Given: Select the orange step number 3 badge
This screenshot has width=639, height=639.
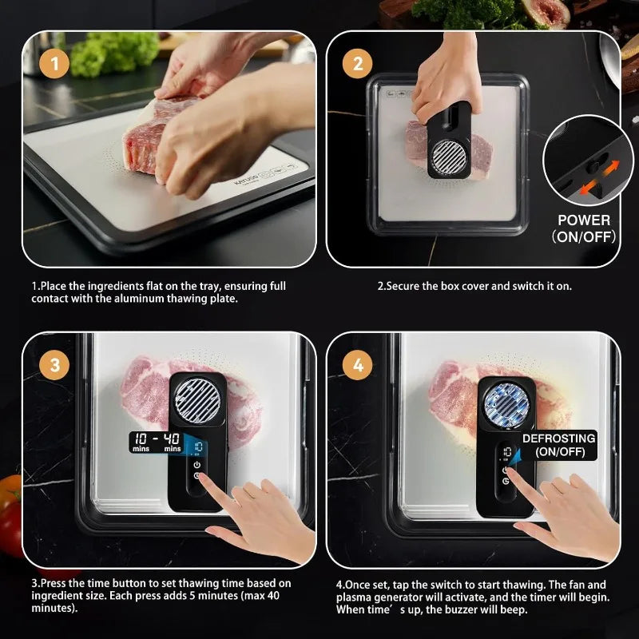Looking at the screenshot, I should pos(54,365).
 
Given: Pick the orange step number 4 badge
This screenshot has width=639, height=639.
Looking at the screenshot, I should pos(358,365).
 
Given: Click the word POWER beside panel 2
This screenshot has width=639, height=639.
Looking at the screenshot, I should pos(584,220).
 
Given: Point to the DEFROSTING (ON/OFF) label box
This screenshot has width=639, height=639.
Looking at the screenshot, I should pos(558,445).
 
